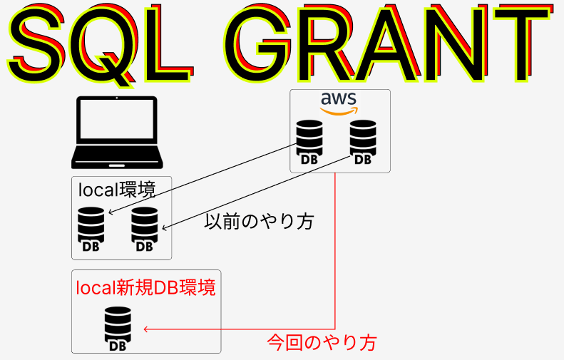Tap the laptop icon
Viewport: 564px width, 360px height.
[x=114, y=133]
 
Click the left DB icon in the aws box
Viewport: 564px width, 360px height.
[x=309, y=143]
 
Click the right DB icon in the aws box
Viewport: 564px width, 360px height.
[x=363, y=143]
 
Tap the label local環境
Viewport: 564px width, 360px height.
[x=117, y=190]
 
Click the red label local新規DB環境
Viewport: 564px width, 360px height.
[x=145, y=289]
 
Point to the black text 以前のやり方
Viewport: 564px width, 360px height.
[x=259, y=222]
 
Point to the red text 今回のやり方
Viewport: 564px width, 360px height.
[x=321, y=343]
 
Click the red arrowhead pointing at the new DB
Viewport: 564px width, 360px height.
[x=146, y=329]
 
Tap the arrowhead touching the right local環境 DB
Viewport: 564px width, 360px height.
[x=165, y=229]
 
